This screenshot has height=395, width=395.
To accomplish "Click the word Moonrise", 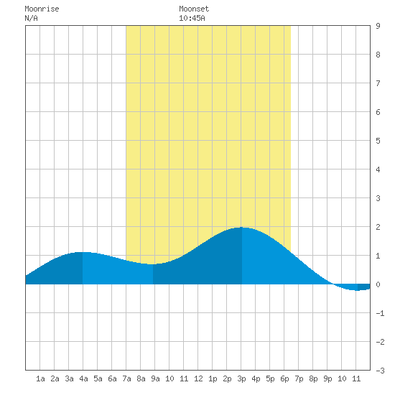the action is click(42, 9).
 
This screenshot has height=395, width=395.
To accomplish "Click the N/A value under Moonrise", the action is click(31, 18).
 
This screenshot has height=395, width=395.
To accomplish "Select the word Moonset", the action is click(194, 9).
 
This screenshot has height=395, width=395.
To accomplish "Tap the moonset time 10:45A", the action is click(192, 18).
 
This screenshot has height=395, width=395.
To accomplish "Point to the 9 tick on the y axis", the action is click(378, 26).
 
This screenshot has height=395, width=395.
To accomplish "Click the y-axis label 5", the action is click(378, 141).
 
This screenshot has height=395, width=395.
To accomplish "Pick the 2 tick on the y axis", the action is click(378, 227).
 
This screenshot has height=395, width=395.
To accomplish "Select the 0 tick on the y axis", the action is click(378, 284).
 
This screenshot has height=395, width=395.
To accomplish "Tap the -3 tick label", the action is click(380, 371).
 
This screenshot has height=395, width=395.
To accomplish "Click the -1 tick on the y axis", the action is click(380, 313).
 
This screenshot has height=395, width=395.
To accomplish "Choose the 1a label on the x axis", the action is click(40, 378).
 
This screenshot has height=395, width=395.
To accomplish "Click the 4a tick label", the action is click(83, 378).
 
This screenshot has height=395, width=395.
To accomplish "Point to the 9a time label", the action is click(155, 378).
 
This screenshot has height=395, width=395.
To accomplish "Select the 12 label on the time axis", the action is click(198, 378).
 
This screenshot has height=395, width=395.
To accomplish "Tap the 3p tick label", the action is click(241, 378).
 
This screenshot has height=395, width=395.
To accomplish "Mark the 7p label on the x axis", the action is click(299, 378).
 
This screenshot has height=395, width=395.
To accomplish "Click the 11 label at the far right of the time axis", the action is click(356, 378).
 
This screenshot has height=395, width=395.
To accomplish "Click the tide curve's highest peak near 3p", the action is click(242, 228).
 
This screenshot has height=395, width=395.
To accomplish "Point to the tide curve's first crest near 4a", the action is click(83, 252).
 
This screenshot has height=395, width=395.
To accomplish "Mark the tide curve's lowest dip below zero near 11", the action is click(357, 290).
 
